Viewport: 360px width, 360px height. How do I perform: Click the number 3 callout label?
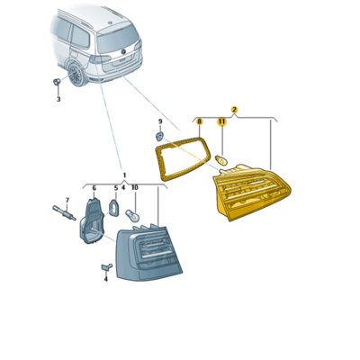pyautogui.click(x=58, y=99)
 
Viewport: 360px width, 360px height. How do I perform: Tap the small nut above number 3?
pyautogui.click(x=56, y=81)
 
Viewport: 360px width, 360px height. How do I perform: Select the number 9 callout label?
pyautogui.click(x=160, y=121)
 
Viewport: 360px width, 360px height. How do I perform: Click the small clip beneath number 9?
pyautogui.click(x=159, y=137)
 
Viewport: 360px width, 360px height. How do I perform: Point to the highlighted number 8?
pyautogui.click(x=199, y=121)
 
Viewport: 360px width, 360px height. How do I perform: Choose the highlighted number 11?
pyautogui.click(x=221, y=121)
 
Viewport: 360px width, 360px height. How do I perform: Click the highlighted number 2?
pyautogui.click(x=234, y=110)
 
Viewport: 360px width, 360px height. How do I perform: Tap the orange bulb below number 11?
pyautogui.click(x=222, y=160)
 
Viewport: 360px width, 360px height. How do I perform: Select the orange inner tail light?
pyautogui.click(x=251, y=192)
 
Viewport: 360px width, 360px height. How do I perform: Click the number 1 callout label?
pyautogui.click(x=125, y=175)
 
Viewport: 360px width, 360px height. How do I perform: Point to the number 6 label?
pyautogui.click(x=94, y=188)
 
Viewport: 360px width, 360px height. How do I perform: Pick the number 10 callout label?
pyautogui.click(x=135, y=188)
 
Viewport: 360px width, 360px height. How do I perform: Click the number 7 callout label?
pyautogui.click(x=67, y=200)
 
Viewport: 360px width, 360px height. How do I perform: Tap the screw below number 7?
pyautogui.click(x=64, y=212)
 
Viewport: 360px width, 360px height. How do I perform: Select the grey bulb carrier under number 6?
pyautogui.click(x=91, y=220)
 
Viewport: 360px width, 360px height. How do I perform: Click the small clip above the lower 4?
pyautogui.click(x=106, y=266)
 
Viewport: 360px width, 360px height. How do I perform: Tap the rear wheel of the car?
pyautogui.click(x=76, y=74)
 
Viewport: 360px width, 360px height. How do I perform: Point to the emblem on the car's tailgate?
pyautogui.click(x=123, y=51)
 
